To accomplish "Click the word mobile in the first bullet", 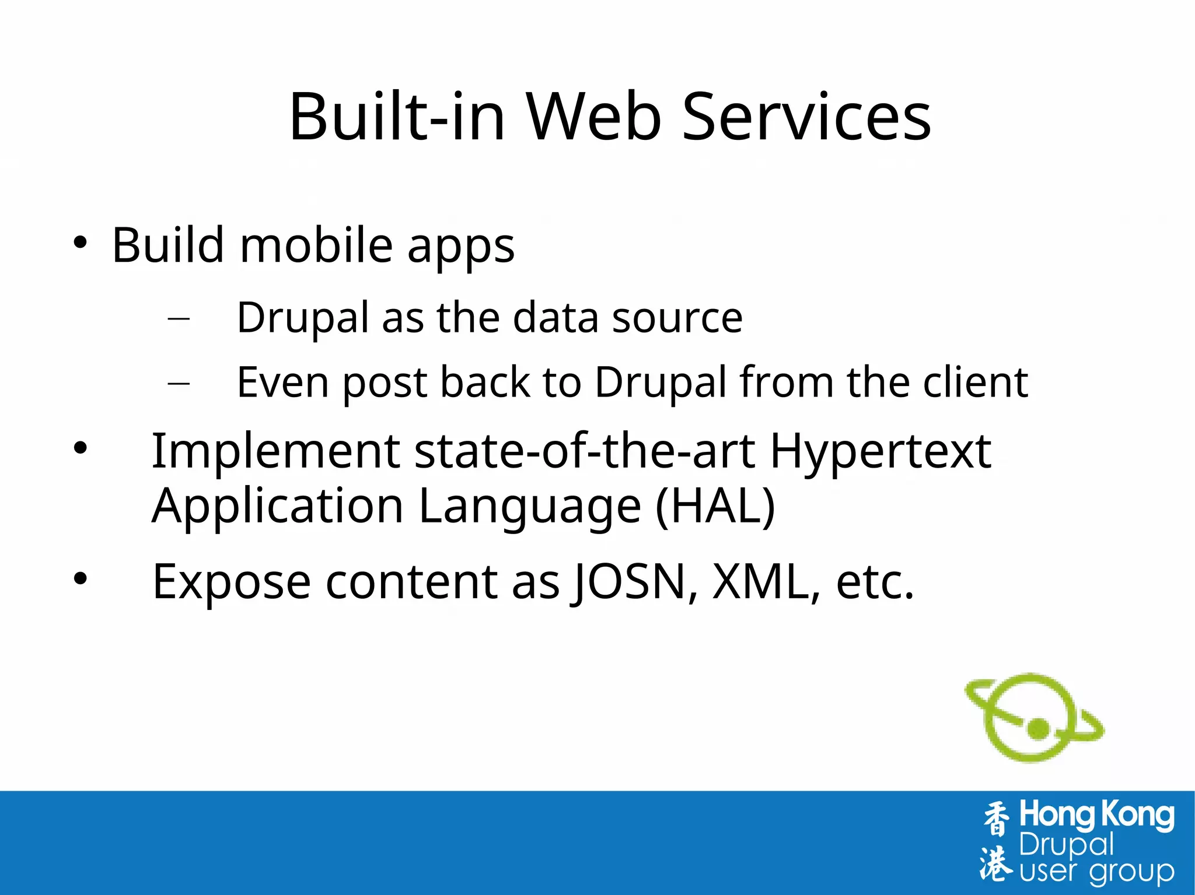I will [x=316, y=245].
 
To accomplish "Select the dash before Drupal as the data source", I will [x=179, y=318].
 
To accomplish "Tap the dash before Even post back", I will [x=179, y=383].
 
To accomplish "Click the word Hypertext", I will [x=880, y=452].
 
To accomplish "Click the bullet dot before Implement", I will [x=81, y=448].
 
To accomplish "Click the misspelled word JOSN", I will [x=630, y=582].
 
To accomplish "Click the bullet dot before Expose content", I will [x=81, y=578].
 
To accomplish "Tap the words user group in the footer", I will [x=1096, y=872].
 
